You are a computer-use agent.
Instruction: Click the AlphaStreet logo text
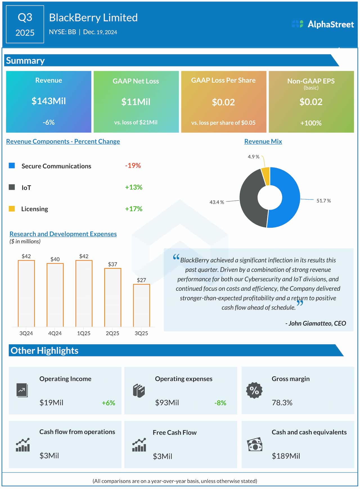tap(330, 24)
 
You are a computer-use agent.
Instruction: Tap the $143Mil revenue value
tap(49, 101)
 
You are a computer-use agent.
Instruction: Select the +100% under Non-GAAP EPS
tap(311, 123)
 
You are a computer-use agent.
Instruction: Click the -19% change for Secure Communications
tap(133, 165)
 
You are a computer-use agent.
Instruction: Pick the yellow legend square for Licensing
tap(12, 208)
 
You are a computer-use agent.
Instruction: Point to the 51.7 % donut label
tap(323, 201)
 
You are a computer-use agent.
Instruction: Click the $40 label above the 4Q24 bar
tap(55, 259)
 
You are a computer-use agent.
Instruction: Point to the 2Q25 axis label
tap(112, 333)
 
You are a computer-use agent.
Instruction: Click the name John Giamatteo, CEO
tap(317, 323)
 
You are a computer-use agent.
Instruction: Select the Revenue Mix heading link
tap(263, 141)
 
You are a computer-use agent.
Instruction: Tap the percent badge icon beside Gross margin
tap(254, 390)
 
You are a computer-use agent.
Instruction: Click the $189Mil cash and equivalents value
tap(286, 456)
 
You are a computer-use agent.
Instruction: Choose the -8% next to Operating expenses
tap(220, 403)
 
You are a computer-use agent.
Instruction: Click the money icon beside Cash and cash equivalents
tap(255, 445)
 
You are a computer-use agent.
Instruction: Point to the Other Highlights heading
tap(44, 351)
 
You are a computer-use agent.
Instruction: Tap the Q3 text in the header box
tap(25, 17)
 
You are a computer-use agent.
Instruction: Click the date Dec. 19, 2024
tap(100, 32)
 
